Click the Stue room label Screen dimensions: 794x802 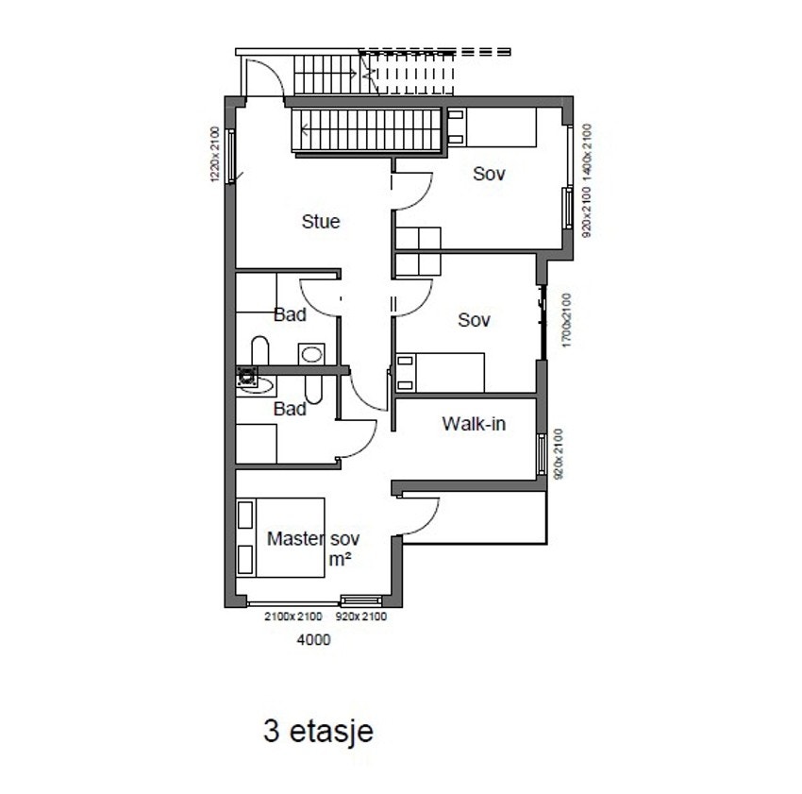[x=321, y=222]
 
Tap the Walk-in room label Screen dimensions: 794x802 [x=474, y=424]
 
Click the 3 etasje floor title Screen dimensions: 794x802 [x=319, y=731]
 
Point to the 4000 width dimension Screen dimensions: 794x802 [x=314, y=639]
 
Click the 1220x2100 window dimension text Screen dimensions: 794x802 [x=214, y=155]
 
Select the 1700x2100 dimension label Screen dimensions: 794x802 [x=566, y=321]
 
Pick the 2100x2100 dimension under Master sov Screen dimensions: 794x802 [x=293, y=617]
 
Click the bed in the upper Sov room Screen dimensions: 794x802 [x=491, y=127]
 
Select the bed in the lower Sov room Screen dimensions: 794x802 [x=440, y=372]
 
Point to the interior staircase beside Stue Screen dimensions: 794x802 [x=368, y=129]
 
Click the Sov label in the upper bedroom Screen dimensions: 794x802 [x=490, y=174]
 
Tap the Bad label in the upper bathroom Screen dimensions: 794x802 [x=290, y=314]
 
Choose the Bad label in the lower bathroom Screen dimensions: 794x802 [x=290, y=409]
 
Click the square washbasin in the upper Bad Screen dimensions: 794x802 [x=310, y=354]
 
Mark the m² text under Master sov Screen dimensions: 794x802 [x=340, y=560]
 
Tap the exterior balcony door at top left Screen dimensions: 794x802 [x=263, y=76]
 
